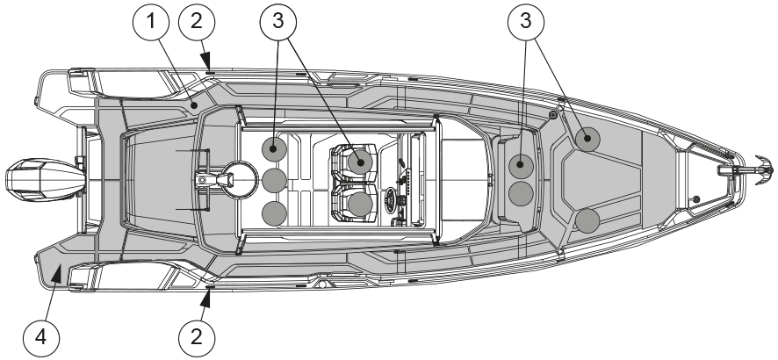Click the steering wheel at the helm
392,196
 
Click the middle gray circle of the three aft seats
275,181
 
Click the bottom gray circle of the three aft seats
275,212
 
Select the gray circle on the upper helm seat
359,161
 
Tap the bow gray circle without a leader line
586,220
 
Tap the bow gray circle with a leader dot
587,138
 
